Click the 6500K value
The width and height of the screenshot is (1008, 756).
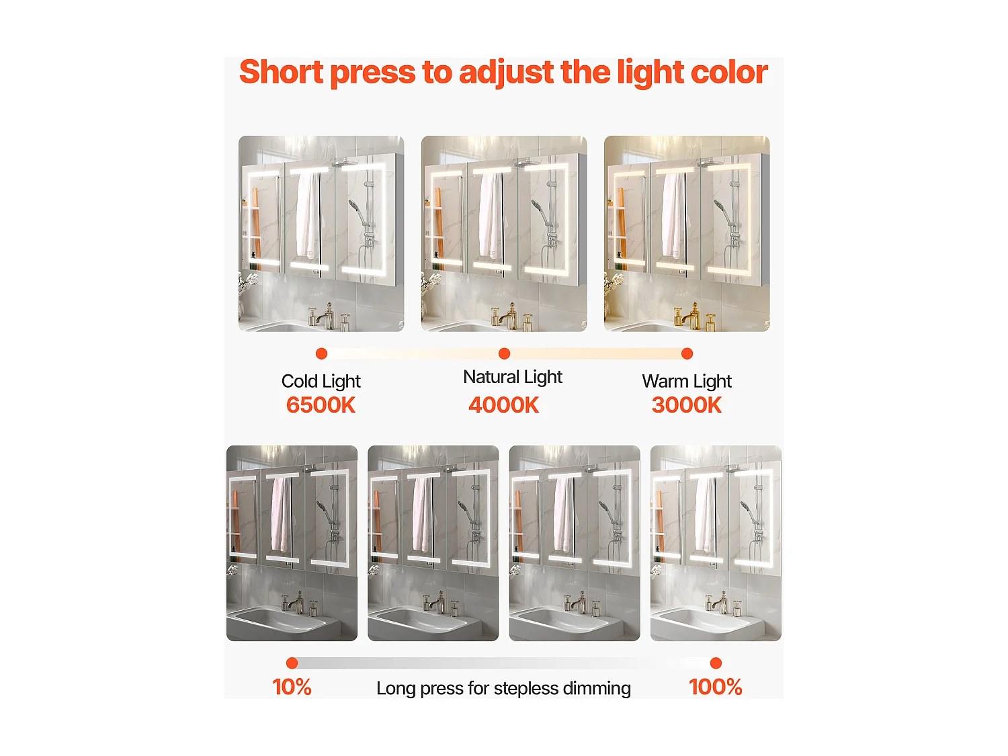(321, 405)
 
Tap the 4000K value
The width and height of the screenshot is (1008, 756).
(503, 405)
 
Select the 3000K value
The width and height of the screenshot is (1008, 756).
(686, 405)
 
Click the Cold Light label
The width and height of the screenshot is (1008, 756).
(321, 381)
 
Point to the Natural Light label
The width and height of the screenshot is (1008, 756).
(512, 377)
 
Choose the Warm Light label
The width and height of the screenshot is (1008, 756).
(686, 381)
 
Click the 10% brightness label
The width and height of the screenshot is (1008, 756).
(292, 687)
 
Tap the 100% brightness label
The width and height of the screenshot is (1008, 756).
(715, 687)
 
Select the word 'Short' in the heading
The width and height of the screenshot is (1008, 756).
(282, 72)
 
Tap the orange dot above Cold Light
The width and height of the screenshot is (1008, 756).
(321, 353)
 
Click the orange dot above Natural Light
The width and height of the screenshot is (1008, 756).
(504, 353)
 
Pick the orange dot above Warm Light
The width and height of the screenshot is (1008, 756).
(687, 353)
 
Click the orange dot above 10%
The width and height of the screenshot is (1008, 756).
(292, 663)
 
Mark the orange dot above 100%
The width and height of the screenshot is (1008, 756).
(716, 663)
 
